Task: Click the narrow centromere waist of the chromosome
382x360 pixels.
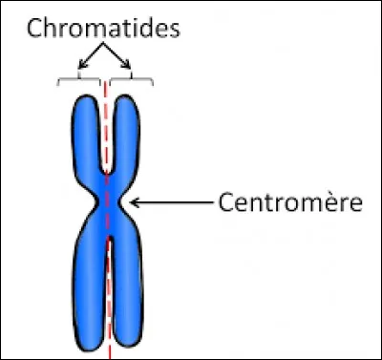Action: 109,203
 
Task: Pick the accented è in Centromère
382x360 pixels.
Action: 335,203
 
